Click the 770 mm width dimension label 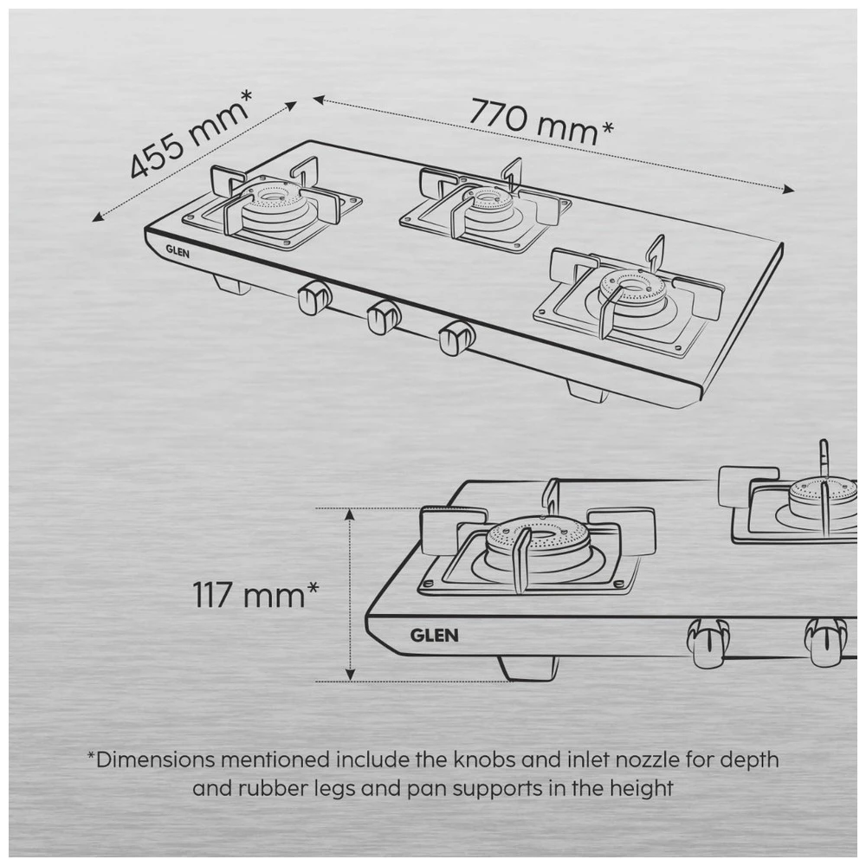click(542, 121)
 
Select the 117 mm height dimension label click(255, 594)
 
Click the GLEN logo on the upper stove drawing click(178, 252)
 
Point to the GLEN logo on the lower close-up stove click(434, 635)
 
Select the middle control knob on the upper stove click(384, 318)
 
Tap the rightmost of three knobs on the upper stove click(456, 337)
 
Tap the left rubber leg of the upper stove click(231, 286)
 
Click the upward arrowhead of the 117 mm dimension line click(350, 514)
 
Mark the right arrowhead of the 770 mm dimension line click(789, 190)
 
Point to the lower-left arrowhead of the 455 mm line click(98, 216)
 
